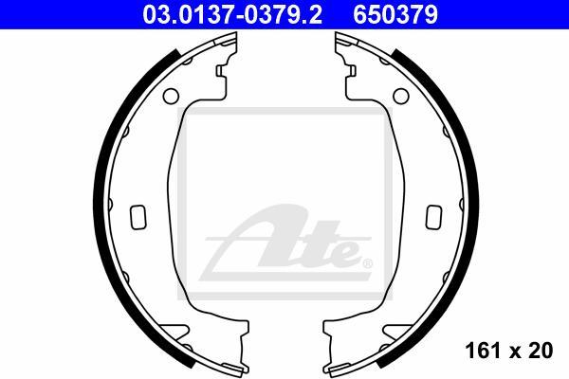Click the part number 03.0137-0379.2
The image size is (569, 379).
[232, 15]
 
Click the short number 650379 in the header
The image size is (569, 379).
[395, 15]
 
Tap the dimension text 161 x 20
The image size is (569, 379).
[508, 351]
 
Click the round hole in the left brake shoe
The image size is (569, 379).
[171, 96]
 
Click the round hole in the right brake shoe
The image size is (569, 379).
[401, 96]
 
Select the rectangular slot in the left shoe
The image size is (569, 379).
[138, 217]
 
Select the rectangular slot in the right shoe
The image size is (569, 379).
[434, 217]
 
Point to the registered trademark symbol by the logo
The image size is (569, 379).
[367, 263]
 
